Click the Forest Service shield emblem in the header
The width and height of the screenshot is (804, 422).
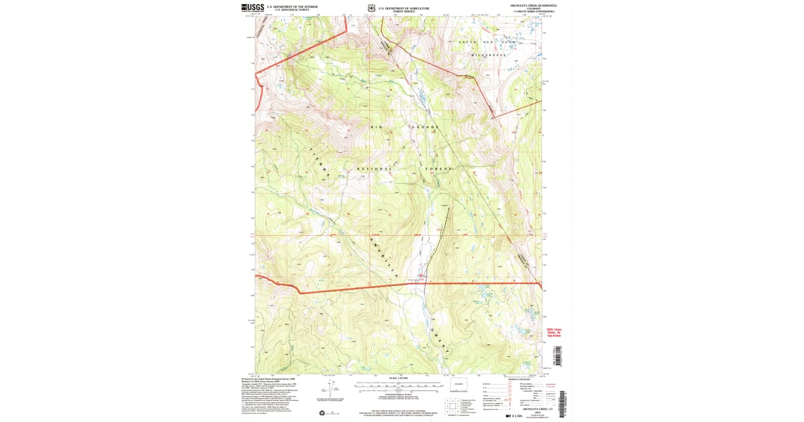pyautogui.click(x=371, y=9)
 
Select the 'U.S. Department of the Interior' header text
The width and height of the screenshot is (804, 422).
pyautogui.click(x=287, y=7)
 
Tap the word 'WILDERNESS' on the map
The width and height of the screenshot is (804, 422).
pyautogui.click(x=490, y=54)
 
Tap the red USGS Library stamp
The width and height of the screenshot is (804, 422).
pyautogui.click(x=553, y=332)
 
